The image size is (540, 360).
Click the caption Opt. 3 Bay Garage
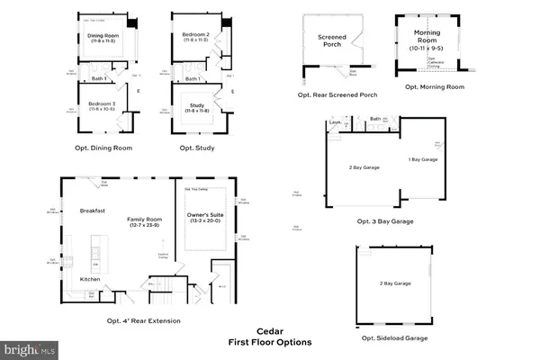384,220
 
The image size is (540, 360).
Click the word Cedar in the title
269,330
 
